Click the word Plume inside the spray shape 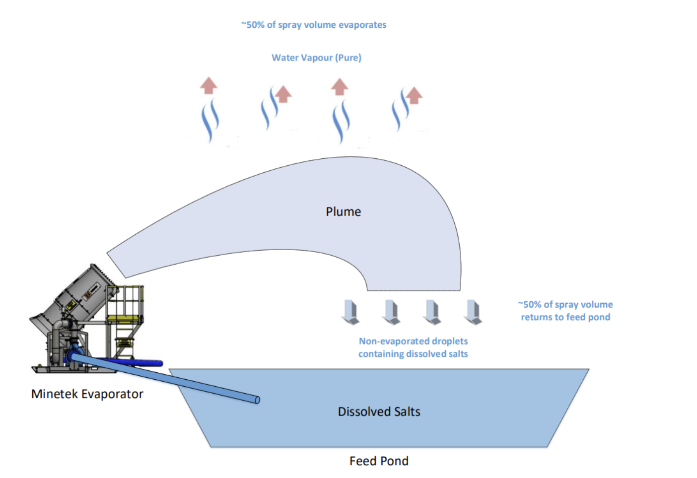tap(343, 211)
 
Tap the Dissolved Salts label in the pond tap(379, 411)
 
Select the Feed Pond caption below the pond tap(379, 461)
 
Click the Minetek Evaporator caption tap(87, 394)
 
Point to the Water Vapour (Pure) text tap(316, 58)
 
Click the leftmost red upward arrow tap(209, 85)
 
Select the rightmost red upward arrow tap(414, 95)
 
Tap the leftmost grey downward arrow tap(350, 312)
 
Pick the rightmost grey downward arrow tap(473, 312)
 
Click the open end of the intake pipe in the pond tap(257, 400)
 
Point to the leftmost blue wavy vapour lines tap(210, 121)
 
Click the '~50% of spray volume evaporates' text tap(314, 25)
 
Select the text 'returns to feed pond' tap(565, 317)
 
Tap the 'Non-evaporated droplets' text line tap(413, 341)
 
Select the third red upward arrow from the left tap(340, 87)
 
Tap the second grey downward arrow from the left tap(391, 312)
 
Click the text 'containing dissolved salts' tap(413, 354)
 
